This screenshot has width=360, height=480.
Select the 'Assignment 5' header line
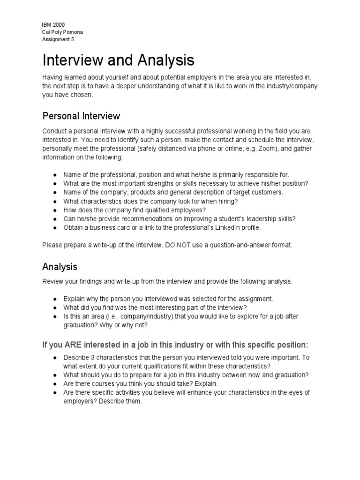click(x=57, y=39)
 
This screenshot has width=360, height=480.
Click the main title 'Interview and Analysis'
click(x=118, y=60)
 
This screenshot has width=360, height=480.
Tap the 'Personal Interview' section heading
click(x=81, y=116)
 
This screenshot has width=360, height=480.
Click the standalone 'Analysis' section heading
click(x=60, y=267)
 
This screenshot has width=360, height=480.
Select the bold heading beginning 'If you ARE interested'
click(x=175, y=345)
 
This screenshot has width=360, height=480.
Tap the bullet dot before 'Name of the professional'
click(x=55, y=174)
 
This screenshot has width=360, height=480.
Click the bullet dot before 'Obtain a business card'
click(x=55, y=228)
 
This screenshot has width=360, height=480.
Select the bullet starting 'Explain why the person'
click(x=168, y=299)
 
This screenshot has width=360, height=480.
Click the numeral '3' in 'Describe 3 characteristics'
click(x=91, y=358)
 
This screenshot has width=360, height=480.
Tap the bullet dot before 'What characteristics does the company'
click(x=55, y=201)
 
